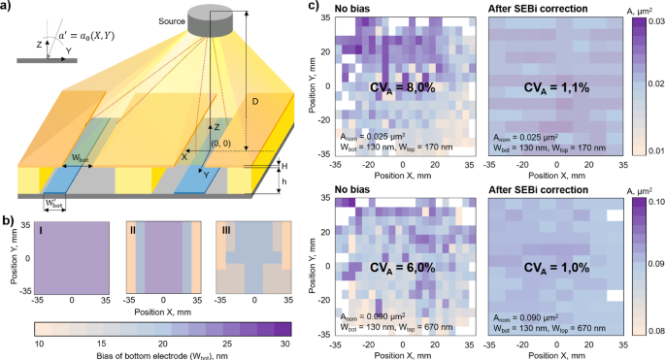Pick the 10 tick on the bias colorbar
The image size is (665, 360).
pyautogui.click(x=40, y=344)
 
